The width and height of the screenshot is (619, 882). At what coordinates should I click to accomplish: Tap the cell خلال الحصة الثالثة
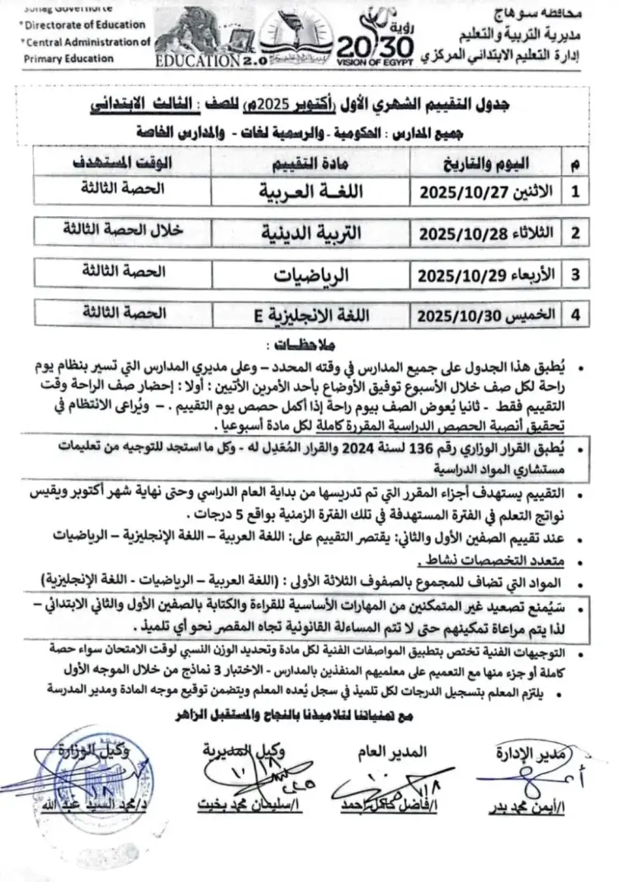pos(124,232)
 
